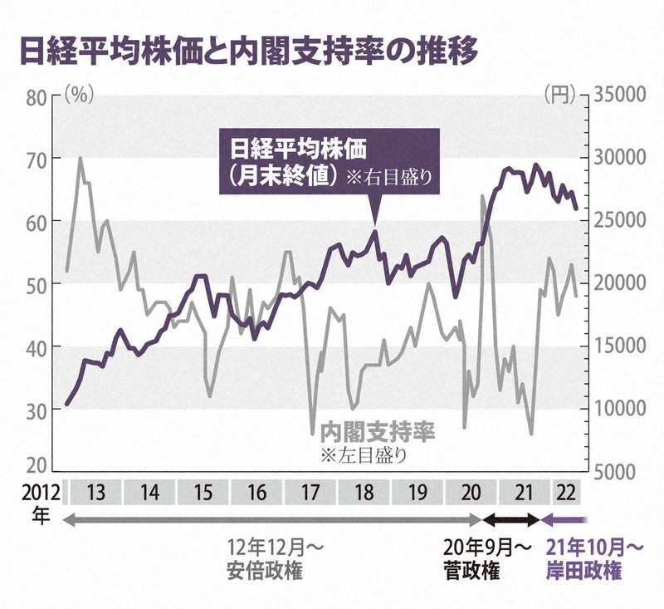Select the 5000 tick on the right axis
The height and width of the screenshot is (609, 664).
point(617,471)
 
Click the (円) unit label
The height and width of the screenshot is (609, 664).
point(559,94)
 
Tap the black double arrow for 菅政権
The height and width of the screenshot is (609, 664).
point(511,520)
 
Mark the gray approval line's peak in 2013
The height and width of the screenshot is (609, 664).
point(80,157)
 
